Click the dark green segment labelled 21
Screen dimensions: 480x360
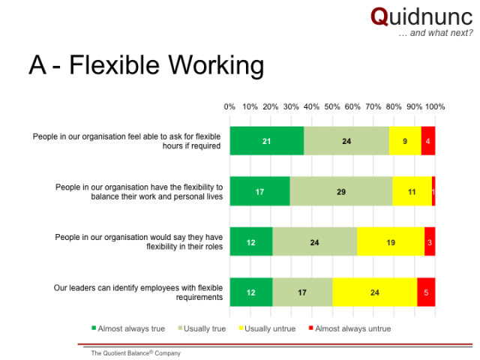click(x=267, y=141)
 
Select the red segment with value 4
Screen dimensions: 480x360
click(x=428, y=141)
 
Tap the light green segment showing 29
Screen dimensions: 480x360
click(x=341, y=191)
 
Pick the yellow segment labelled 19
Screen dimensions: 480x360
click(x=391, y=241)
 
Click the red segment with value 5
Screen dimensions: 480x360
click(x=426, y=292)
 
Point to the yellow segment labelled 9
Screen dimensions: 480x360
click(x=405, y=141)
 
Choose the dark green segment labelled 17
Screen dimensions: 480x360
click(x=260, y=191)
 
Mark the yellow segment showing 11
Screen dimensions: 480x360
click(x=412, y=191)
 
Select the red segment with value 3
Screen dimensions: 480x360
click(x=430, y=241)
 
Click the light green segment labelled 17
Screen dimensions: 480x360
click(x=302, y=292)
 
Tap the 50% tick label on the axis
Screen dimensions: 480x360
click(x=332, y=106)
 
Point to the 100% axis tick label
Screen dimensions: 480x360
click(x=435, y=106)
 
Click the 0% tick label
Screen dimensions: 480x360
click(x=229, y=106)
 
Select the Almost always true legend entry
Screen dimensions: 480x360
click(x=128, y=328)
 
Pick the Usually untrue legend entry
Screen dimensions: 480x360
click(x=267, y=328)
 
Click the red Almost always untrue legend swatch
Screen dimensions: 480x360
click(x=311, y=328)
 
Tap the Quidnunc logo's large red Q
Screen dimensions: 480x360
click(x=379, y=17)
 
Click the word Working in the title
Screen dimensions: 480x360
click(x=216, y=65)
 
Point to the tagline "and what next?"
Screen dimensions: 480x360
click(x=441, y=33)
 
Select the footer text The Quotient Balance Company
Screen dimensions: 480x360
click(x=136, y=353)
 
